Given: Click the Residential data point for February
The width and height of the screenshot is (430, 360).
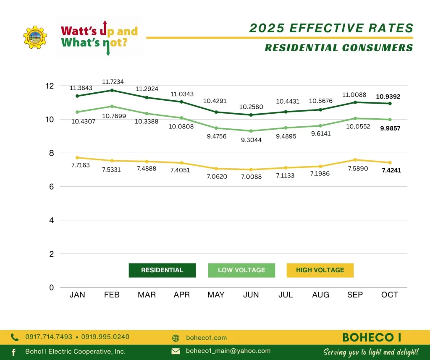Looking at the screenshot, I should [x=112, y=90].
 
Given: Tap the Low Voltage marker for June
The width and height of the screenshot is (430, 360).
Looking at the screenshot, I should [x=251, y=131].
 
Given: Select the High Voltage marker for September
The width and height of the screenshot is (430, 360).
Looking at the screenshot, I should [x=355, y=160].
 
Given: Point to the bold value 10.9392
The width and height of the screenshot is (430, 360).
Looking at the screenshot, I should [x=388, y=97].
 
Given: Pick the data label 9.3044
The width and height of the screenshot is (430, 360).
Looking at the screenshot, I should [x=251, y=140].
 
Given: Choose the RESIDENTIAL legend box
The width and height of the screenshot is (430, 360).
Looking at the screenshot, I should [x=162, y=270].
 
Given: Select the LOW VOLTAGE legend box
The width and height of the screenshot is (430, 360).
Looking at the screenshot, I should [x=241, y=270].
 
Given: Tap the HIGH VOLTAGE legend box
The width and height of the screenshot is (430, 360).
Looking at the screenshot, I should [x=320, y=270].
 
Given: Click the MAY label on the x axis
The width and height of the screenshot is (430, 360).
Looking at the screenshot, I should [x=216, y=295].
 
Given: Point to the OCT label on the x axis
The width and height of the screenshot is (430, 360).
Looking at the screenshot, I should [x=390, y=295].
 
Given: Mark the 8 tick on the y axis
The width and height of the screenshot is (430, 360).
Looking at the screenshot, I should [x=51, y=153].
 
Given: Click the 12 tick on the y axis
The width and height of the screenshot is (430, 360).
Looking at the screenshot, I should [x=50, y=86].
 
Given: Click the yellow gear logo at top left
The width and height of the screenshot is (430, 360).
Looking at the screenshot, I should [x=35, y=37].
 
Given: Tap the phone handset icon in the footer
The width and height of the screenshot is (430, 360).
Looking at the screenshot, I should [x=15, y=337].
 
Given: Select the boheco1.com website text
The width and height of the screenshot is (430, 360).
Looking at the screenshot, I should [x=206, y=338].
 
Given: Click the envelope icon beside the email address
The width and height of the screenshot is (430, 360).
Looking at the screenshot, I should [x=176, y=351].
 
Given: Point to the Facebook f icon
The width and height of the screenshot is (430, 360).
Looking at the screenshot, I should [x=13, y=352].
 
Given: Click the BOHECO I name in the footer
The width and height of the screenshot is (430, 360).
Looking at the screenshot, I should [x=372, y=337].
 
